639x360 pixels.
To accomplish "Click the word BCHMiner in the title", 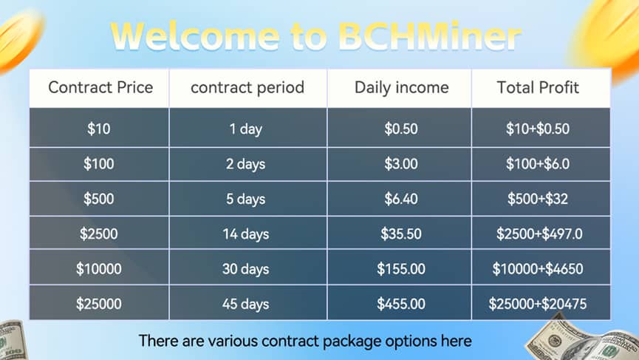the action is [x=429, y=36].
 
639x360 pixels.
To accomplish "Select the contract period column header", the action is [x=247, y=88].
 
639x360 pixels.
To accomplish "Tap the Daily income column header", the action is [x=401, y=88].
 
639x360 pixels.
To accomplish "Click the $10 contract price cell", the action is [x=99, y=129].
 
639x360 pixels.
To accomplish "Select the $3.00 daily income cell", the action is [x=401, y=164].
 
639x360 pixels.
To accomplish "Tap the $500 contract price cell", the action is [x=99, y=199].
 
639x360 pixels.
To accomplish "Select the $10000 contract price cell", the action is [x=99, y=269].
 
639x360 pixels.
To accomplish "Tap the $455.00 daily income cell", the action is [x=401, y=304].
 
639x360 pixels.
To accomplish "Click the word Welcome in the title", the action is [x=195, y=36].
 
